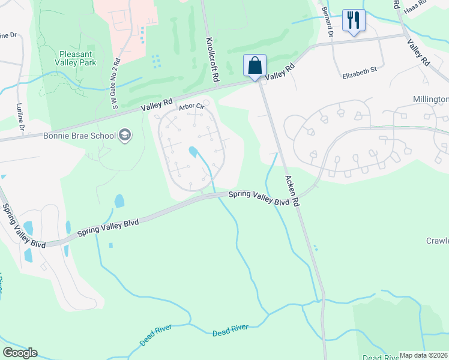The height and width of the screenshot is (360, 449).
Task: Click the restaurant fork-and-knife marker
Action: pos(354,20)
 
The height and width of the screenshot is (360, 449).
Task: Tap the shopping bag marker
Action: pos(255,65)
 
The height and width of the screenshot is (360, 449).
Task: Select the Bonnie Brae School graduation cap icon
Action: pos(125,135)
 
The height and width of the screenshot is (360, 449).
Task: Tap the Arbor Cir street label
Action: pos(191,107)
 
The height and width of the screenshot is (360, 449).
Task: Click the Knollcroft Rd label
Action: pos(211,58)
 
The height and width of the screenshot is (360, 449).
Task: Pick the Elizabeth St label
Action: pos(359,70)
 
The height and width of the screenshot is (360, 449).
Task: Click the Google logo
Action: pos(20,353)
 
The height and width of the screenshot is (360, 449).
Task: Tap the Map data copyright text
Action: pos(424,355)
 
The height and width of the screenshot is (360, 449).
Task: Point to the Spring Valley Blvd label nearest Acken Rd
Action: pos(258,199)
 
